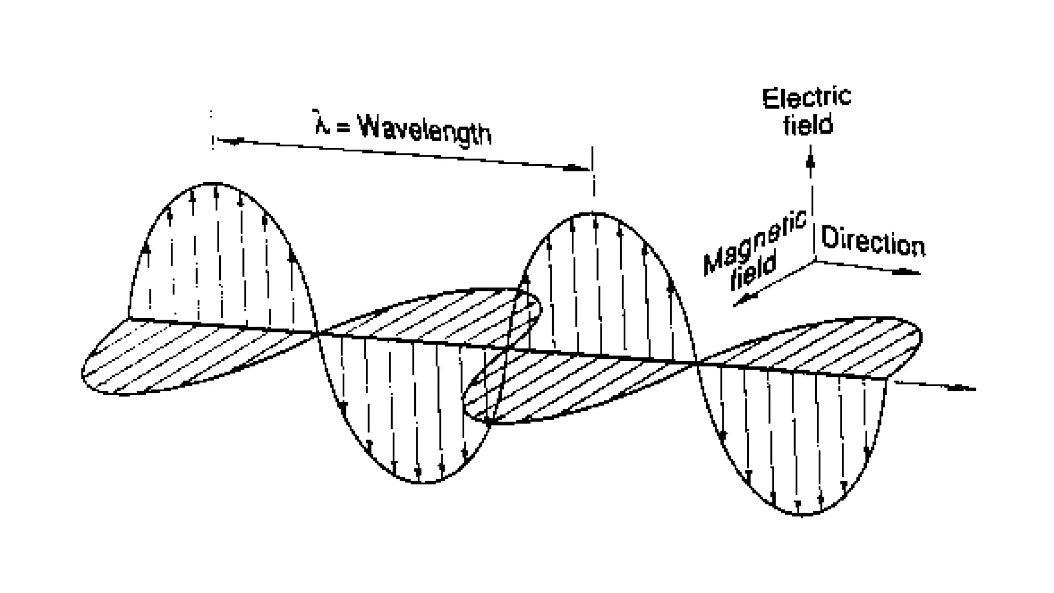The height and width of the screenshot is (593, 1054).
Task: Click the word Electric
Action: point(806,98)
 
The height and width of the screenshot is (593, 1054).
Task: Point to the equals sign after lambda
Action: point(342,127)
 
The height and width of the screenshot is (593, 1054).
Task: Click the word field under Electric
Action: point(807,125)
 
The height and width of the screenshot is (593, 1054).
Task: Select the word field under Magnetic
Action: point(753,271)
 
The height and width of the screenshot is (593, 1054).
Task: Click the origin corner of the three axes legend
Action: point(814,261)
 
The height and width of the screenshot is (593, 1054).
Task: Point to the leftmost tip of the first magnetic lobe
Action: point(83,373)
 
